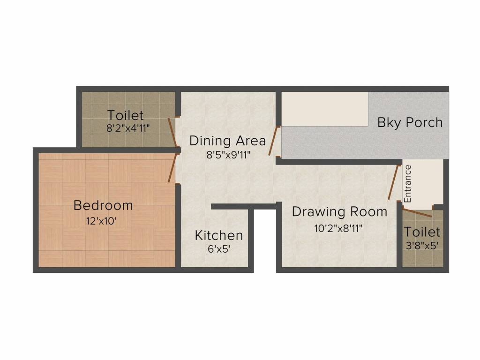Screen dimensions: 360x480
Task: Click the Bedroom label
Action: (x=103, y=205)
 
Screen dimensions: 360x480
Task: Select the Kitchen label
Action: (x=219, y=235)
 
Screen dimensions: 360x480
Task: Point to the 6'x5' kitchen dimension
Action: (x=219, y=249)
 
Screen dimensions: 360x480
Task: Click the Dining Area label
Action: (x=227, y=140)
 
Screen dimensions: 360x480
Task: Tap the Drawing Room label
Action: (x=339, y=212)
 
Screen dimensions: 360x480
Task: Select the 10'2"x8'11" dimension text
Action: (x=338, y=228)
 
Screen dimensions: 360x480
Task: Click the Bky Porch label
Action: (x=410, y=123)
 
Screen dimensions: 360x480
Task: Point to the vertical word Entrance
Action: (x=408, y=183)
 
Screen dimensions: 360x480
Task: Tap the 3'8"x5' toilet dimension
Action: (x=422, y=245)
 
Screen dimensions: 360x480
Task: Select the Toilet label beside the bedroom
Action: (x=125, y=115)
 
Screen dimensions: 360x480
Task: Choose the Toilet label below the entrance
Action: (x=422, y=232)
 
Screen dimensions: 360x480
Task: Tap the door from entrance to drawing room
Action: (x=394, y=183)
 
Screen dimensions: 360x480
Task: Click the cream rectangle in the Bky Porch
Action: (x=324, y=109)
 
